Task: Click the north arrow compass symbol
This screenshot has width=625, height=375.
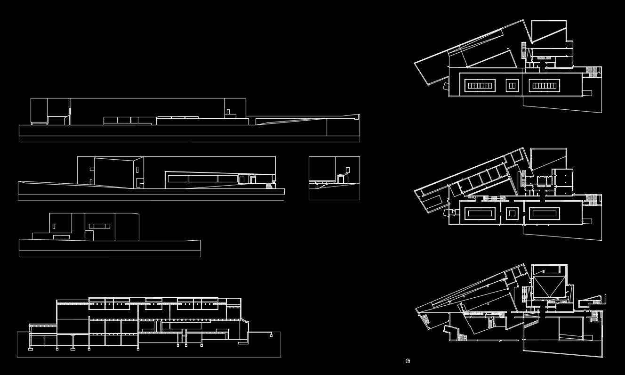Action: click(x=408, y=361)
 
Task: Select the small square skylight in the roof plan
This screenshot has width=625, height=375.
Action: click(x=512, y=85)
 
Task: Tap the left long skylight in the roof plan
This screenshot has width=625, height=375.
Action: click(x=480, y=85)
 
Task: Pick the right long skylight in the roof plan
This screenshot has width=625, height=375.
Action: click(x=544, y=85)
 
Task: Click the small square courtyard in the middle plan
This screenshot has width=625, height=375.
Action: click(x=512, y=213)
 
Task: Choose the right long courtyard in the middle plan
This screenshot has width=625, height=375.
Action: click(x=544, y=213)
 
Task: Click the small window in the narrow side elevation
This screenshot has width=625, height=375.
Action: click(x=347, y=170)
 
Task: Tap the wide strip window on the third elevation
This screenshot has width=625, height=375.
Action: click(x=99, y=226)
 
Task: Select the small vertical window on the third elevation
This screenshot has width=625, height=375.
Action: click(x=54, y=226)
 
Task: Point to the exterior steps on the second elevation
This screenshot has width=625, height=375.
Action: click(x=269, y=186)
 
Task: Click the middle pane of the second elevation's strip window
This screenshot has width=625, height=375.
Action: click(x=203, y=179)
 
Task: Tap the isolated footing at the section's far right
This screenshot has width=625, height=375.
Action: click(x=271, y=335)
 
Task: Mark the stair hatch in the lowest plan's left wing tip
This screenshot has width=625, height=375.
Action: click(x=425, y=319)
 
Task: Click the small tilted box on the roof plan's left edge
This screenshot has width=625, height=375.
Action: click(x=446, y=86)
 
